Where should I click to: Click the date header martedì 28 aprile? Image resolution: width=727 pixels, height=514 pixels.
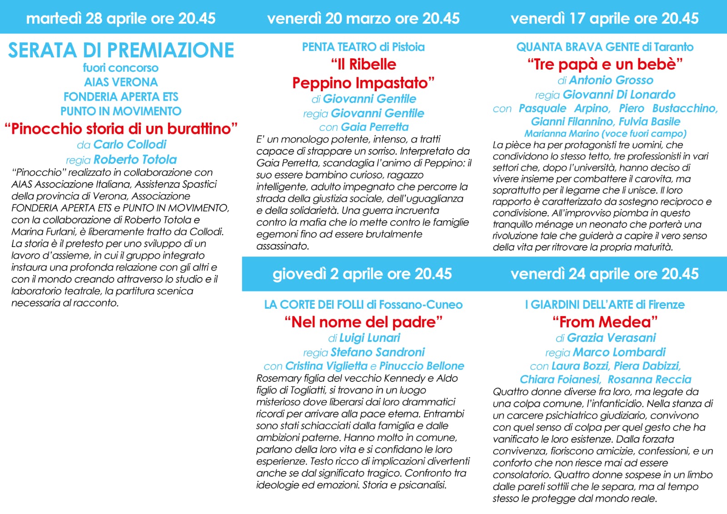121,18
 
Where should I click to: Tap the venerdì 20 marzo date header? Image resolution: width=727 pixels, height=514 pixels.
363,18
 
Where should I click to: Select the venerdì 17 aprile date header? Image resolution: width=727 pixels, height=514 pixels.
604,18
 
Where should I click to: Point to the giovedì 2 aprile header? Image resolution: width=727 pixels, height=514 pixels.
362,274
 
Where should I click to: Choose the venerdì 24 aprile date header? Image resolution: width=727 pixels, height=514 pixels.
604,274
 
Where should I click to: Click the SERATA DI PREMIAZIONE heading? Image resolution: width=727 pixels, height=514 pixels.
121,50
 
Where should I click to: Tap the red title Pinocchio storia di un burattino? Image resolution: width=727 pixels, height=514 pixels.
121,128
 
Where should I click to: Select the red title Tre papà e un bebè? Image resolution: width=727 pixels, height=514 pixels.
605,64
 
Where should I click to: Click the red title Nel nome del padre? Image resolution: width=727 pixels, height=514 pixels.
363,322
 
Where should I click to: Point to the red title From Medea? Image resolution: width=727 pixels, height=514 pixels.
605,322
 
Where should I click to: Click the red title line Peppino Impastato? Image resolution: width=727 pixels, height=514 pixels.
363,83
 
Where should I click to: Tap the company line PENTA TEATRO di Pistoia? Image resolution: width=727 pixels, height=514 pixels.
363,47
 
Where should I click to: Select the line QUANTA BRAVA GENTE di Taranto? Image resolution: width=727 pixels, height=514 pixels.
605,47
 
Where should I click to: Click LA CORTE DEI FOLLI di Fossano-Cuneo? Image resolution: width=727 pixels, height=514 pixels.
363,305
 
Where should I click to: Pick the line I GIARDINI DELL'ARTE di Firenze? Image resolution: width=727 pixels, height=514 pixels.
605,305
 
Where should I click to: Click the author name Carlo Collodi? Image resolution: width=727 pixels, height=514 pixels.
130,144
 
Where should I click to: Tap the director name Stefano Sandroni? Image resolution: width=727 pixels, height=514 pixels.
378,352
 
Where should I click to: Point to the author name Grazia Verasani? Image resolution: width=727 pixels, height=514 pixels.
612,337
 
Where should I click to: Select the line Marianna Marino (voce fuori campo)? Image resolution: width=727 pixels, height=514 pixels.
605,133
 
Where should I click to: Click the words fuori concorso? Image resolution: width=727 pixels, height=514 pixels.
121,68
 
